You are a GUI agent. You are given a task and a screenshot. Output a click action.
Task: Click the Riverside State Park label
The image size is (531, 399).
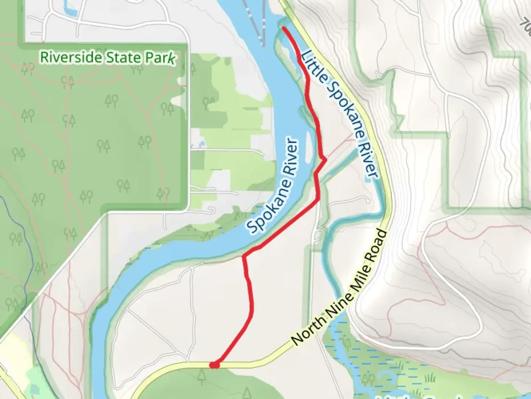[x=107, y=58]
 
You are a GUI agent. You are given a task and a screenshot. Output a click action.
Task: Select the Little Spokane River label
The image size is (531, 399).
[x=340, y=115]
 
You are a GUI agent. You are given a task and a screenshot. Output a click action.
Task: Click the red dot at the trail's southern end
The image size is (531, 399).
[x=214, y=365]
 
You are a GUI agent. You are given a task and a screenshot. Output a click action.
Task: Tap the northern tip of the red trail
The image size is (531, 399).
[x=284, y=28]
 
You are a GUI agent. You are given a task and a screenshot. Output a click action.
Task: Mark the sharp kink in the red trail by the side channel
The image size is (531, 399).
[x=325, y=160]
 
